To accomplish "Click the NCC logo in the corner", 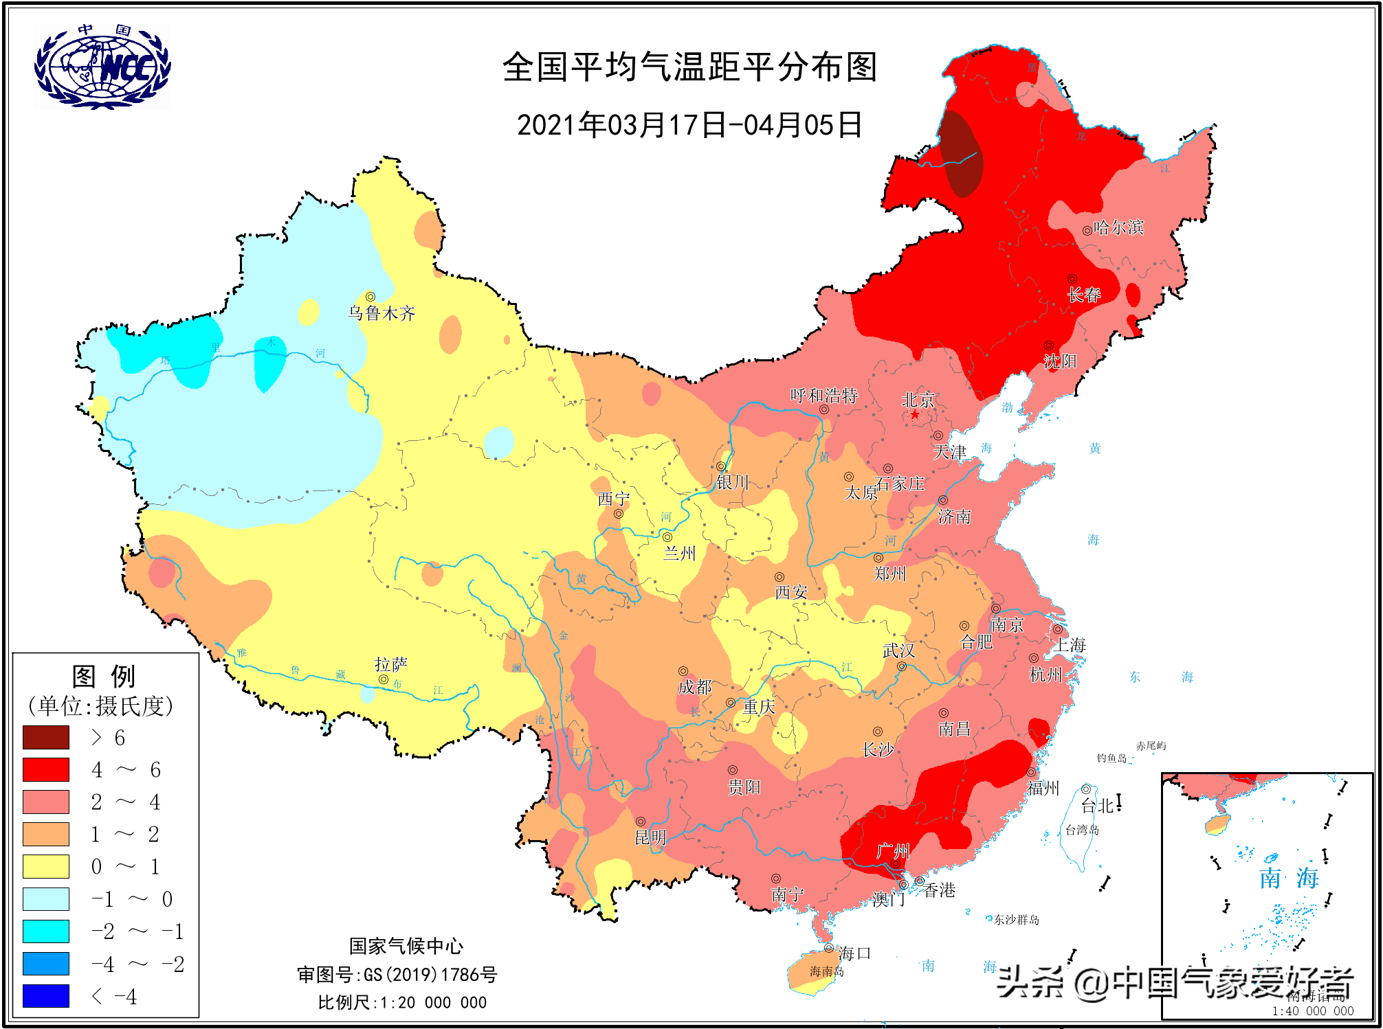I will tap(102, 67).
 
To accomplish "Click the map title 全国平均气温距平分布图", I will tap(689, 67).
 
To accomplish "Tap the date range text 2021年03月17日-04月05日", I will tap(689, 125).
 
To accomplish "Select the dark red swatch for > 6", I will tap(46, 737).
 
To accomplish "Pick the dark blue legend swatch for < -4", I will tap(46, 995).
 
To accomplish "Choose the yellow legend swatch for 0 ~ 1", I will tap(46, 866).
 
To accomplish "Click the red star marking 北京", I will tap(915, 414).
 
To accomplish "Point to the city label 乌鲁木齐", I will tap(381, 313).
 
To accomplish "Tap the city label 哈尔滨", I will tap(1118, 227).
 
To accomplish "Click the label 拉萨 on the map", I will tap(390, 664).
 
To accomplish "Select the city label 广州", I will tap(893, 852).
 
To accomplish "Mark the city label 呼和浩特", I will tap(823, 396).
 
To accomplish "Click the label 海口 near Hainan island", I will tap(854, 953).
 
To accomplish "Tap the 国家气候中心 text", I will tap(406, 946).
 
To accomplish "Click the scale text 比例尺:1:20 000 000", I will tap(402, 1002).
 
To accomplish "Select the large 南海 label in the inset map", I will tap(1288, 878).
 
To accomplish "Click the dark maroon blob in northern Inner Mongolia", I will tap(962, 152).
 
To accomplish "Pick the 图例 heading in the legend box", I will tap(104, 677).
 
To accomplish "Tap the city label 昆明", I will tap(650, 837).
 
